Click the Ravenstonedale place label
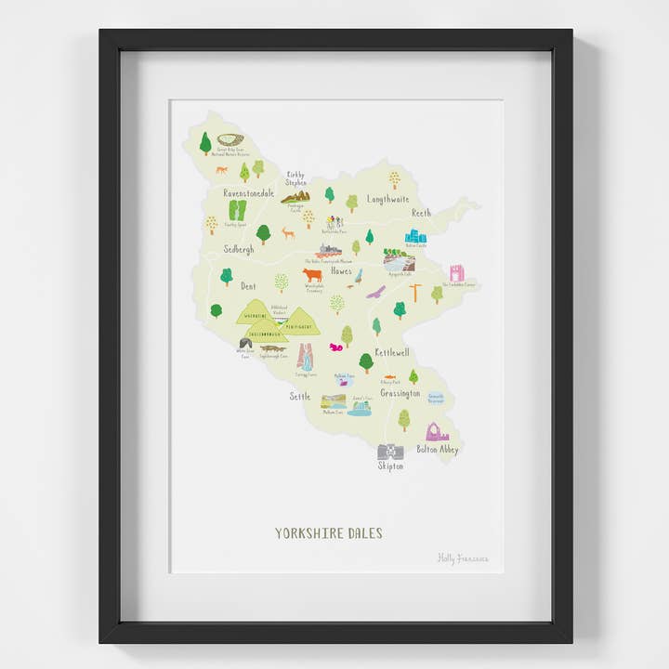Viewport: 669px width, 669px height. pyautogui.click(x=249, y=193)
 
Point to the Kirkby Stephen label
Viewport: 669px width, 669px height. pyautogui.click(x=296, y=177)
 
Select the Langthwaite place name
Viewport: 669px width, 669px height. pyautogui.click(x=388, y=198)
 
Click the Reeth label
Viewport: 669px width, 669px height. pyautogui.click(x=422, y=213)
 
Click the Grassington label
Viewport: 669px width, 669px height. pyautogui.click(x=400, y=393)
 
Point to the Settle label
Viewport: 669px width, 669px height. pyautogui.click(x=299, y=396)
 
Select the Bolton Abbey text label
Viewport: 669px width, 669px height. pyautogui.click(x=437, y=450)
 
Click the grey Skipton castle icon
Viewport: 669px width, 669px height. pyautogui.click(x=389, y=452)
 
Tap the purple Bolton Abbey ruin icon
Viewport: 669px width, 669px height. pyautogui.click(x=436, y=432)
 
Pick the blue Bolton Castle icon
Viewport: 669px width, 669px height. pyautogui.click(x=415, y=236)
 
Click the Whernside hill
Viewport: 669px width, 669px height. pyautogui.click(x=255, y=314)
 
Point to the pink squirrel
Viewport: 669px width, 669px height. pyautogui.click(x=336, y=347)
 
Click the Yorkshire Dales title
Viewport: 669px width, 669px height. pyautogui.click(x=328, y=533)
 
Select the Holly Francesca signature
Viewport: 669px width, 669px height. pyautogui.click(x=462, y=558)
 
